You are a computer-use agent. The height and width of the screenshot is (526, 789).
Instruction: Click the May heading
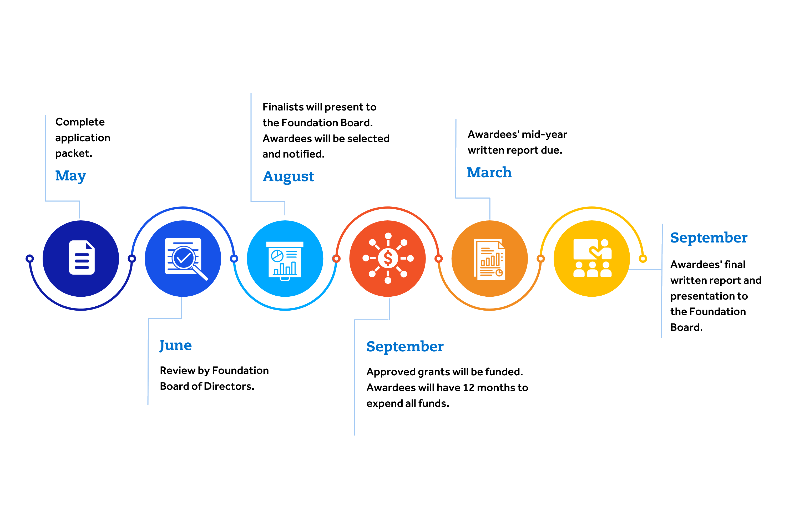(x=70, y=176)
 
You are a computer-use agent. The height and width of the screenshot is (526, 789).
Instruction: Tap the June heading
(x=175, y=346)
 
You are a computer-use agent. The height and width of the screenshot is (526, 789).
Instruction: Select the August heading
(x=288, y=177)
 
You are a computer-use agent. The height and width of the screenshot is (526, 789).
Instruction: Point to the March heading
(x=489, y=173)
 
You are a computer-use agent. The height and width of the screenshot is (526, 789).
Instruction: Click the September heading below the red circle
(x=405, y=347)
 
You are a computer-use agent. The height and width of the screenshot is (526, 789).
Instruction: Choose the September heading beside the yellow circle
(x=709, y=238)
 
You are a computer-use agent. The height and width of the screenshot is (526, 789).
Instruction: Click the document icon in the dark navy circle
(x=82, y=257)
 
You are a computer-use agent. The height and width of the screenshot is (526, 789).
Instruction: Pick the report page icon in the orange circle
(x=489, y=259)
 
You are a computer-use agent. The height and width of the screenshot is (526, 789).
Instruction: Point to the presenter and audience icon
(x=593, y=258)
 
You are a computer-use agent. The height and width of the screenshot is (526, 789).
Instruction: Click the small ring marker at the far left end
(x=30, y=258)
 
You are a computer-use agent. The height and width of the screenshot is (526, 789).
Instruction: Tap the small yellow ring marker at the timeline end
(x=643, y=258)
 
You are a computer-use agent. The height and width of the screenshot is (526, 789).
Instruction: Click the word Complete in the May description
(x=80, y=122)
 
